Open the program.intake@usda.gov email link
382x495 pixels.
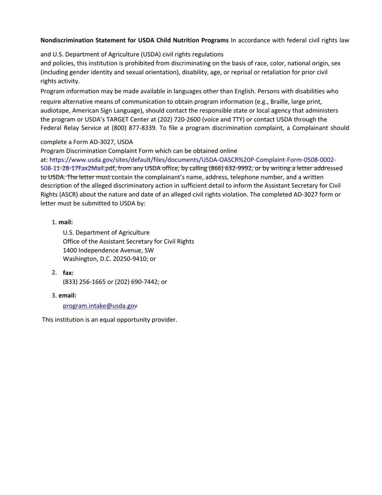click(100, 306)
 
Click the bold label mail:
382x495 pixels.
click(66, 222)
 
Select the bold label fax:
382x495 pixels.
click(68, 273)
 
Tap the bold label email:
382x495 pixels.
click(68, 295)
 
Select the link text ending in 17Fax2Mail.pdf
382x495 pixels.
click(78, 168)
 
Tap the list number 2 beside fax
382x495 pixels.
click(55, 273)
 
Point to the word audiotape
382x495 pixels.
click(55, 111)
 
